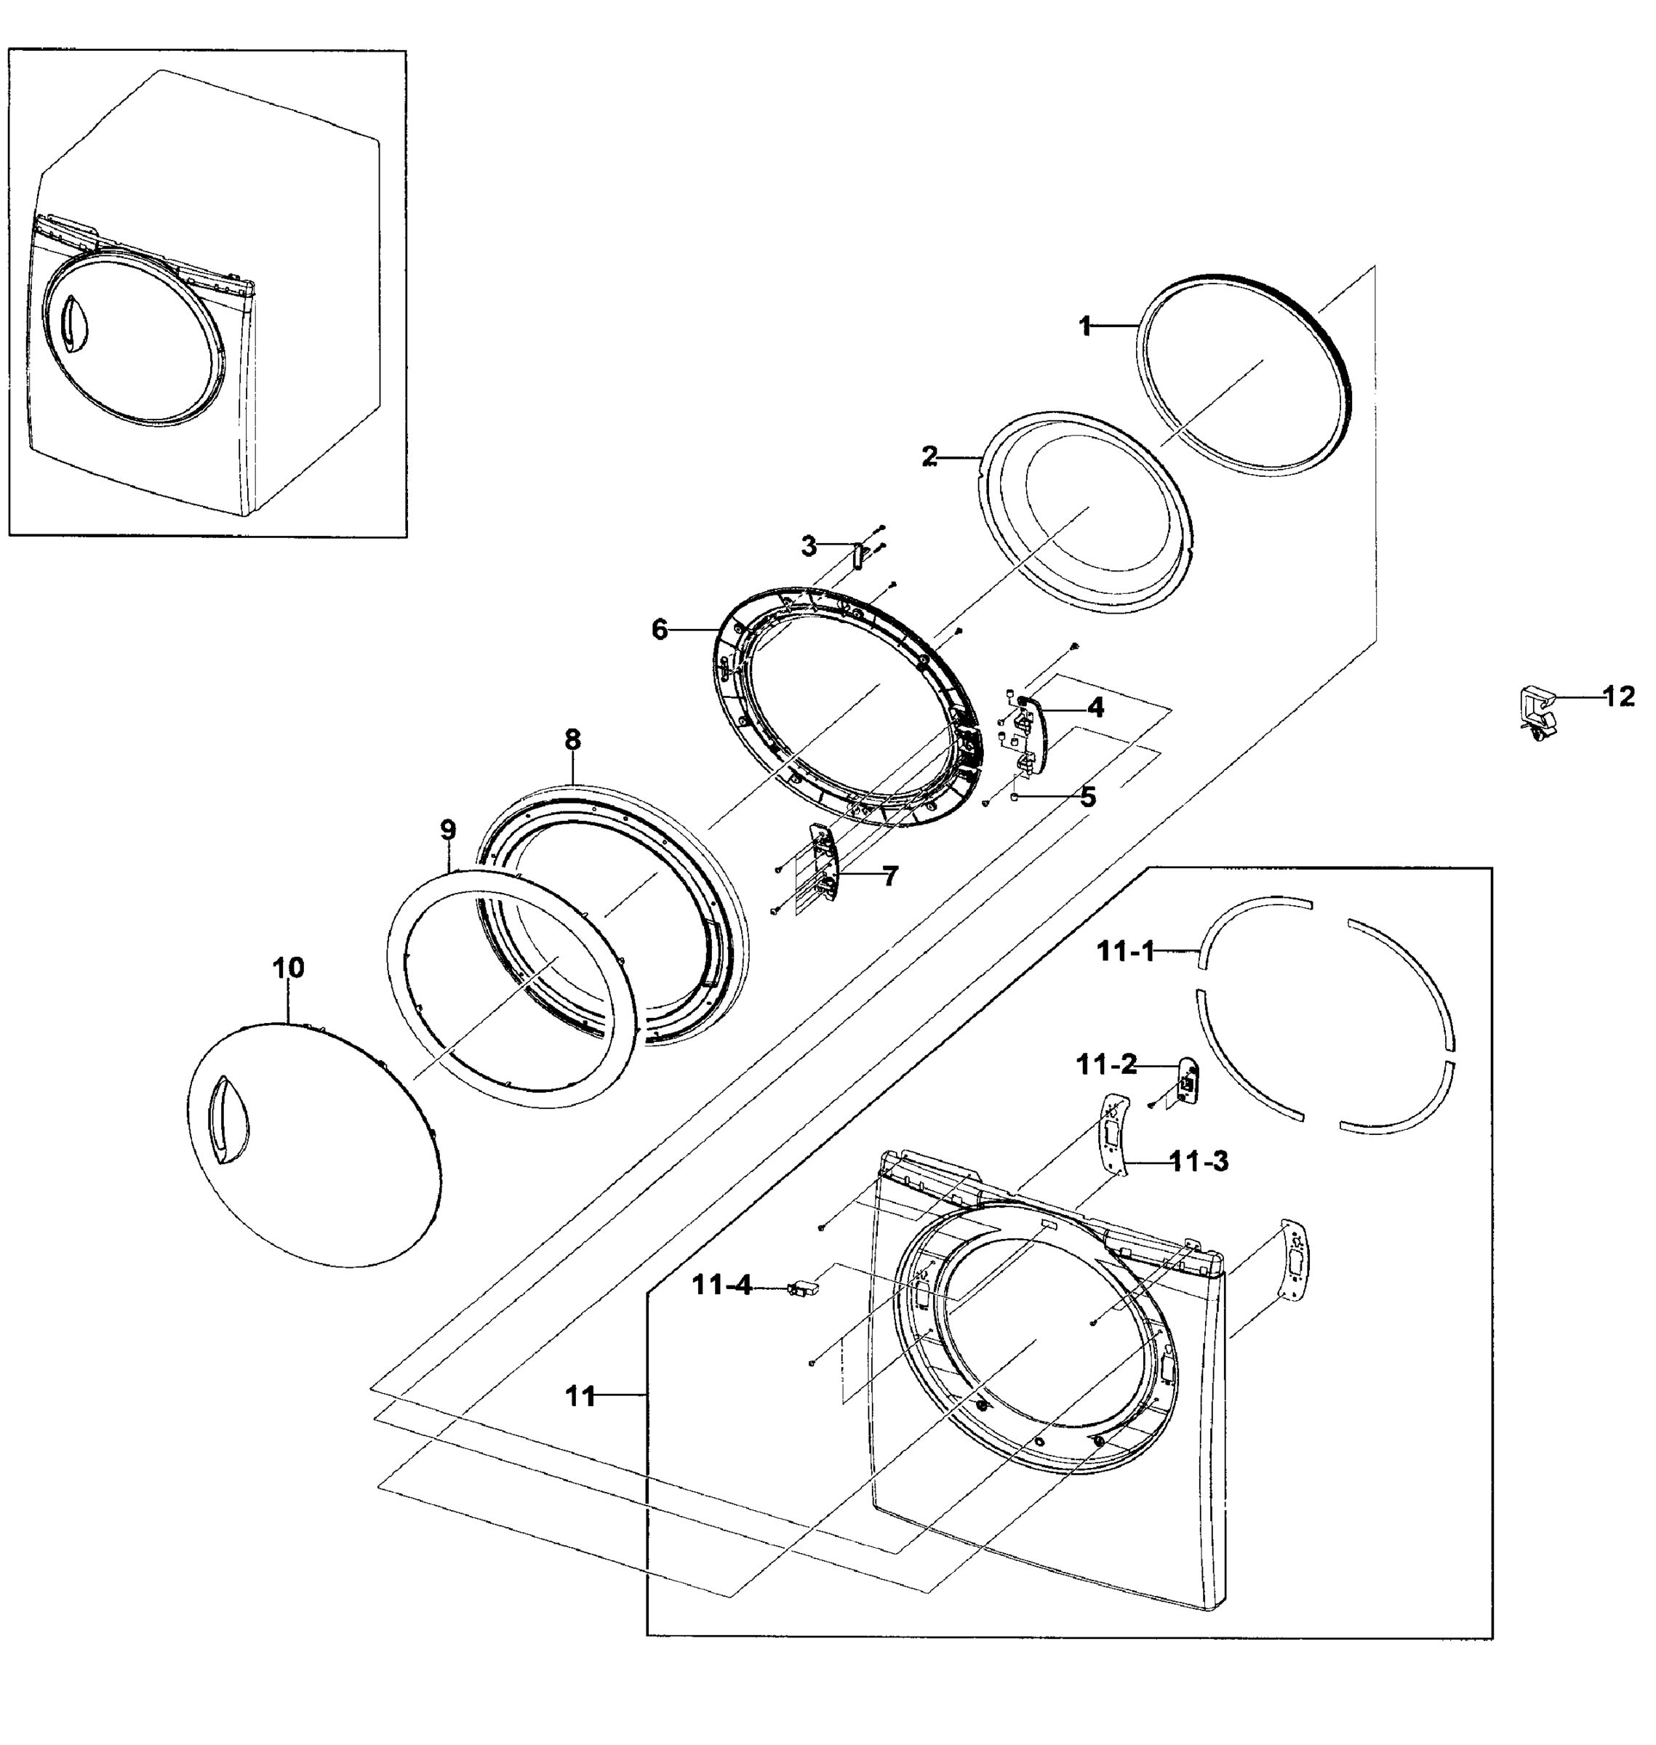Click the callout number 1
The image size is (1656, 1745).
coord(1085,326)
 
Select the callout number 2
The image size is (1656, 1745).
coord(929,457)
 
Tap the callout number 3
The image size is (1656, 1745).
coord(809,546)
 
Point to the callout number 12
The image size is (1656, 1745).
coord(1619,697)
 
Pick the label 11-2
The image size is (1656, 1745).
coord(1106,1065)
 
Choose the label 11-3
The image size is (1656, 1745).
coord(1199,1162)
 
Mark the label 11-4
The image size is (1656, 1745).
coord(722,1286)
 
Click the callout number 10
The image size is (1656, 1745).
coord(288,968)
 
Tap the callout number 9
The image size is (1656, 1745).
coord(447,830)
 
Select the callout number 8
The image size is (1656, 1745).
coord(573,739)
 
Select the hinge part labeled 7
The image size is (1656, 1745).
coord(825,864)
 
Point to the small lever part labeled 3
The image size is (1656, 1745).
coord(855,557)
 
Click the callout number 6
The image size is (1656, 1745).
coord(660,630)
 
